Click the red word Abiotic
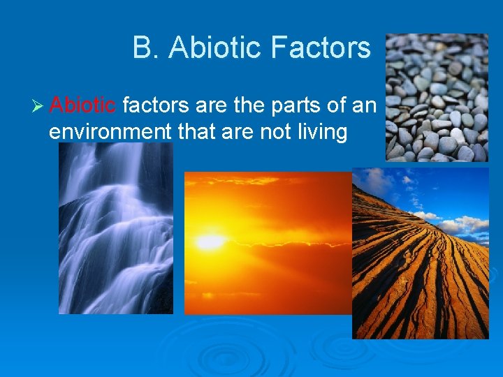click(x=83, y=106)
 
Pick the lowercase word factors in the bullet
click(x=156, y=106)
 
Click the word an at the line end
click(x=364, y=106)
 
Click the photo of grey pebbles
click(x=437, y=97)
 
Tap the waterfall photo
click(x=115, y=228)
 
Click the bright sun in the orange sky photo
click(x=209, y=242)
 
